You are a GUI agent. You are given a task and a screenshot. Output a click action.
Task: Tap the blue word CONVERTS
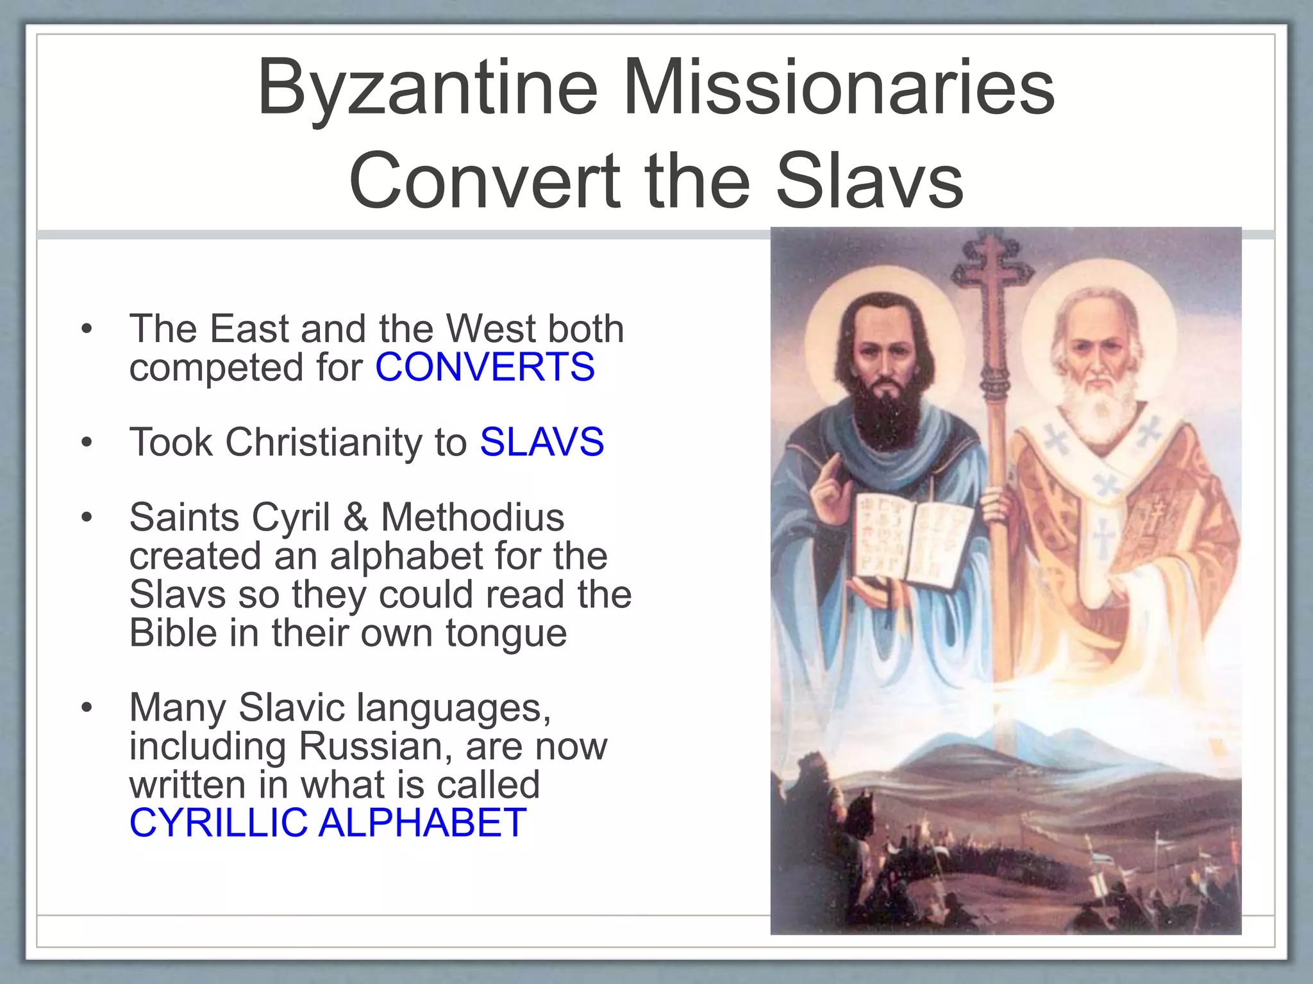click(485, 367)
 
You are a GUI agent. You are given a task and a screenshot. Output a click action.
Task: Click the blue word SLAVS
click(542, 442)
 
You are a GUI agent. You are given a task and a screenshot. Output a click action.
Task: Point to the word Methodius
click(473, 517)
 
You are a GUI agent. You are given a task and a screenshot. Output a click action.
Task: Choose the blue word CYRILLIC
click(218, 823)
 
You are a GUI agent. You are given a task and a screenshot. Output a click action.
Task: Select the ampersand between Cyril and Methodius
click(356, 517)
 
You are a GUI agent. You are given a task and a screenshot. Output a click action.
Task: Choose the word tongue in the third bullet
click(506, 633)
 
